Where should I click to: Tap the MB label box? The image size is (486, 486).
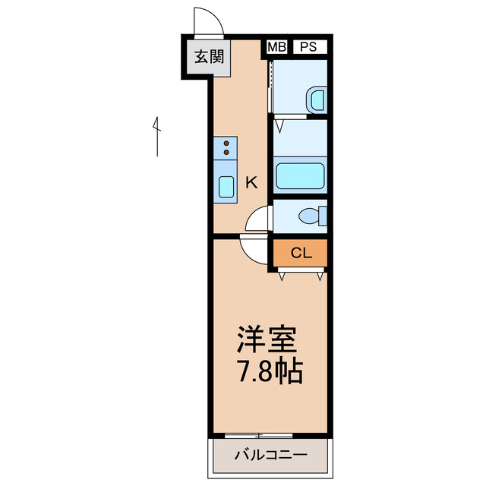point(276,46)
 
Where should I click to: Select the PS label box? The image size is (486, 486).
point(308,46)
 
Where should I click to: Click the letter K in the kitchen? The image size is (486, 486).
point(251,182)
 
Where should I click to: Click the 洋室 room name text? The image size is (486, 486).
point(265,339)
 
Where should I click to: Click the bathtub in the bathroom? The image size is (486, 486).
point(300,175)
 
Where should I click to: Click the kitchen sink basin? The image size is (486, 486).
point(226,186)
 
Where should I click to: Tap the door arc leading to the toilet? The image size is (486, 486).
point(259,219)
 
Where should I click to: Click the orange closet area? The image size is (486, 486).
point(300,253)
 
